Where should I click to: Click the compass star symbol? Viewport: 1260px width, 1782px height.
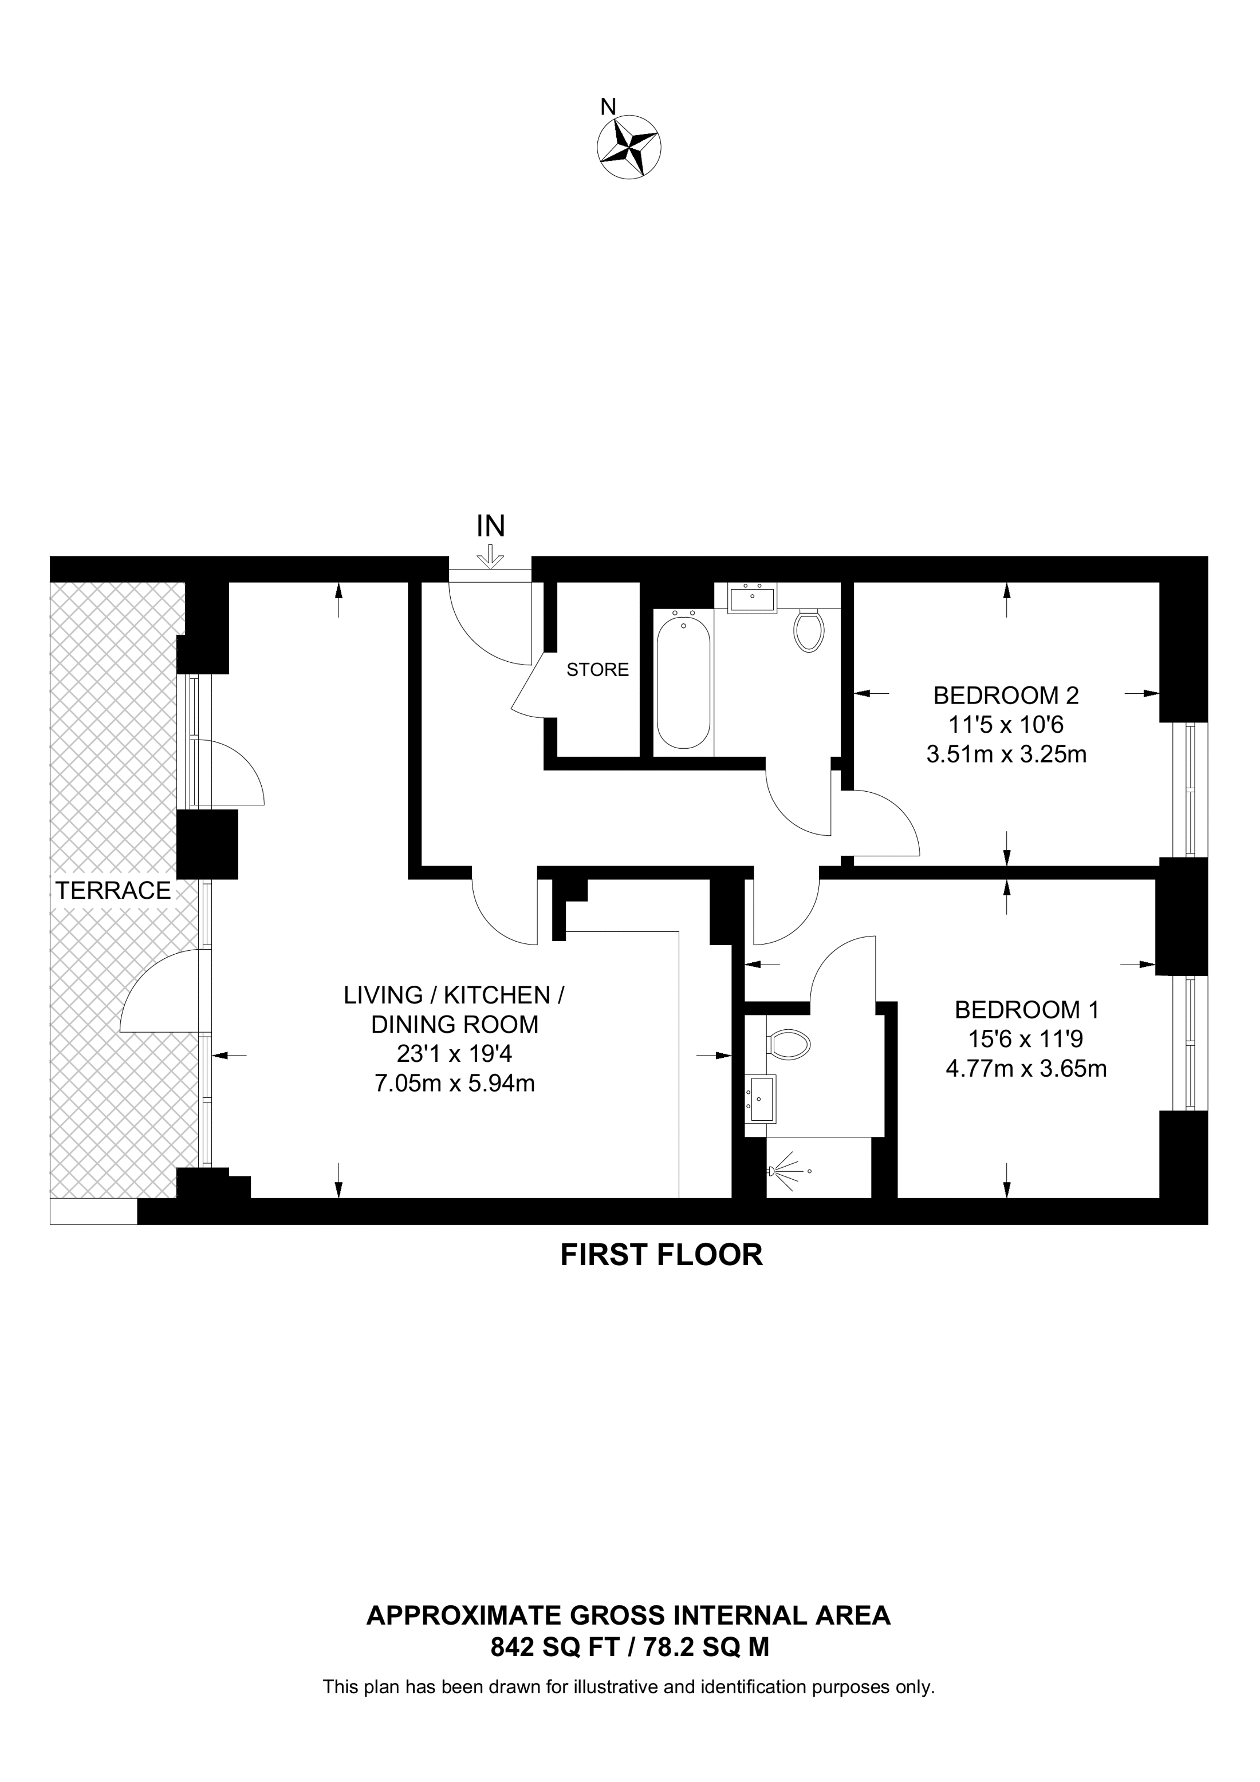(x=629, y=147)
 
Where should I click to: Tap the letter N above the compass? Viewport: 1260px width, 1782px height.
(x=609, y=106)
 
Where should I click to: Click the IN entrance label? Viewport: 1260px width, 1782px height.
(x=491, y=526)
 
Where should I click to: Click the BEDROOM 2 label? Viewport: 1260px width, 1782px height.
(x=1006, y=694)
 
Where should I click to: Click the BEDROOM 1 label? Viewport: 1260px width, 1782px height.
(x=1026, y=1010)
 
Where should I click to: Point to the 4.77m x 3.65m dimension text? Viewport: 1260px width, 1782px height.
(x=1026, y=1069)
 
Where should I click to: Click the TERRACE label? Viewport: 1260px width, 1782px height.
(x=113, y=890)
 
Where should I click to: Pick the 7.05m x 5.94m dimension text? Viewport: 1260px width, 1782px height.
(x=454, y=1082)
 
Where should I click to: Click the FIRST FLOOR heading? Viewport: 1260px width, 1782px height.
(x=661, y=1255)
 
